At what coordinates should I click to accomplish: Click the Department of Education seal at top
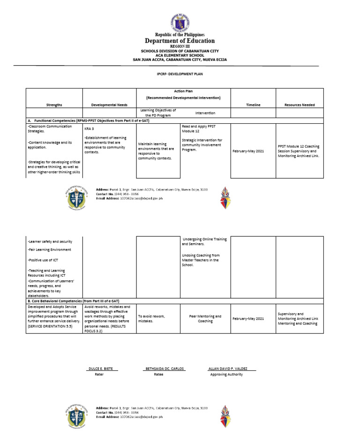point(180,22)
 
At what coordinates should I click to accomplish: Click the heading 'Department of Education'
point(180,41)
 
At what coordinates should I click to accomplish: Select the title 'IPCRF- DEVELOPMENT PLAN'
point(180,74)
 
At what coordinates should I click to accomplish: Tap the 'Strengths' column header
point(54,105)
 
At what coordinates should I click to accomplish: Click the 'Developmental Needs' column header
point(109,105)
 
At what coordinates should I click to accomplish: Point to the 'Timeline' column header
point(253,105)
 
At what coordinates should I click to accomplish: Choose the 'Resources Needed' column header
point(300,105)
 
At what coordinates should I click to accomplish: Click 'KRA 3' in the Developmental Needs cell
point(89,128)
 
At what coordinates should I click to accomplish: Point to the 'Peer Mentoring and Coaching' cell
point(205,319)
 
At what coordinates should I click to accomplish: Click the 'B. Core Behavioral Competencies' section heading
point(73,301)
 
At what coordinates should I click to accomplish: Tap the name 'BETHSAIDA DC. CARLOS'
point(165,369)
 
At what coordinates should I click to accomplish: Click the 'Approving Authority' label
point(226,375)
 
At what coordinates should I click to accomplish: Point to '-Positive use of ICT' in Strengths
point(43,260)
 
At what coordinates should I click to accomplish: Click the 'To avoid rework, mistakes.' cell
point(151,319)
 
